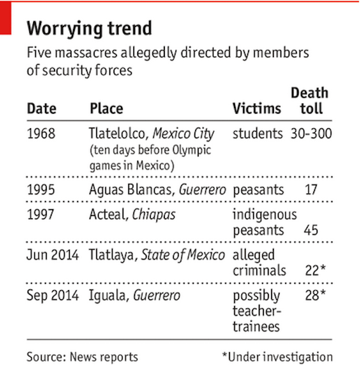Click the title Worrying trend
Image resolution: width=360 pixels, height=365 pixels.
(89, 29)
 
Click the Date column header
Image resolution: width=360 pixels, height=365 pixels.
(42, 108)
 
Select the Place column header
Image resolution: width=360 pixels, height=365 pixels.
(106, 108)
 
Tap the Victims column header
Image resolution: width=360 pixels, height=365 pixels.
(256, 108)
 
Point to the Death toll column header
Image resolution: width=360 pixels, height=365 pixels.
(309, 101)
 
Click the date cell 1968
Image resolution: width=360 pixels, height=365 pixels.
(41, 134)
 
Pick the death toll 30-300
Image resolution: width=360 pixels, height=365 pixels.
(312, 134)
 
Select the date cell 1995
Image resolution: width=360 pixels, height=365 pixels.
(41, 190)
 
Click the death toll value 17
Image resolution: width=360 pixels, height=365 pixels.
(311, 190)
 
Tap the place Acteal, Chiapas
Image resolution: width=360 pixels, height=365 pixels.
(132, 215)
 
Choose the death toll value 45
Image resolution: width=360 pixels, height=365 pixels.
(310, 230)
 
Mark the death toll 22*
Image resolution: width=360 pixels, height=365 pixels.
(315, 271)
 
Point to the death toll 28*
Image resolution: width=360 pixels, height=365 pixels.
(315, 295)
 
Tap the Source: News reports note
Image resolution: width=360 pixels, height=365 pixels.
(82, 357)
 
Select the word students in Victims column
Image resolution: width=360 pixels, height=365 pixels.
(258, 134)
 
